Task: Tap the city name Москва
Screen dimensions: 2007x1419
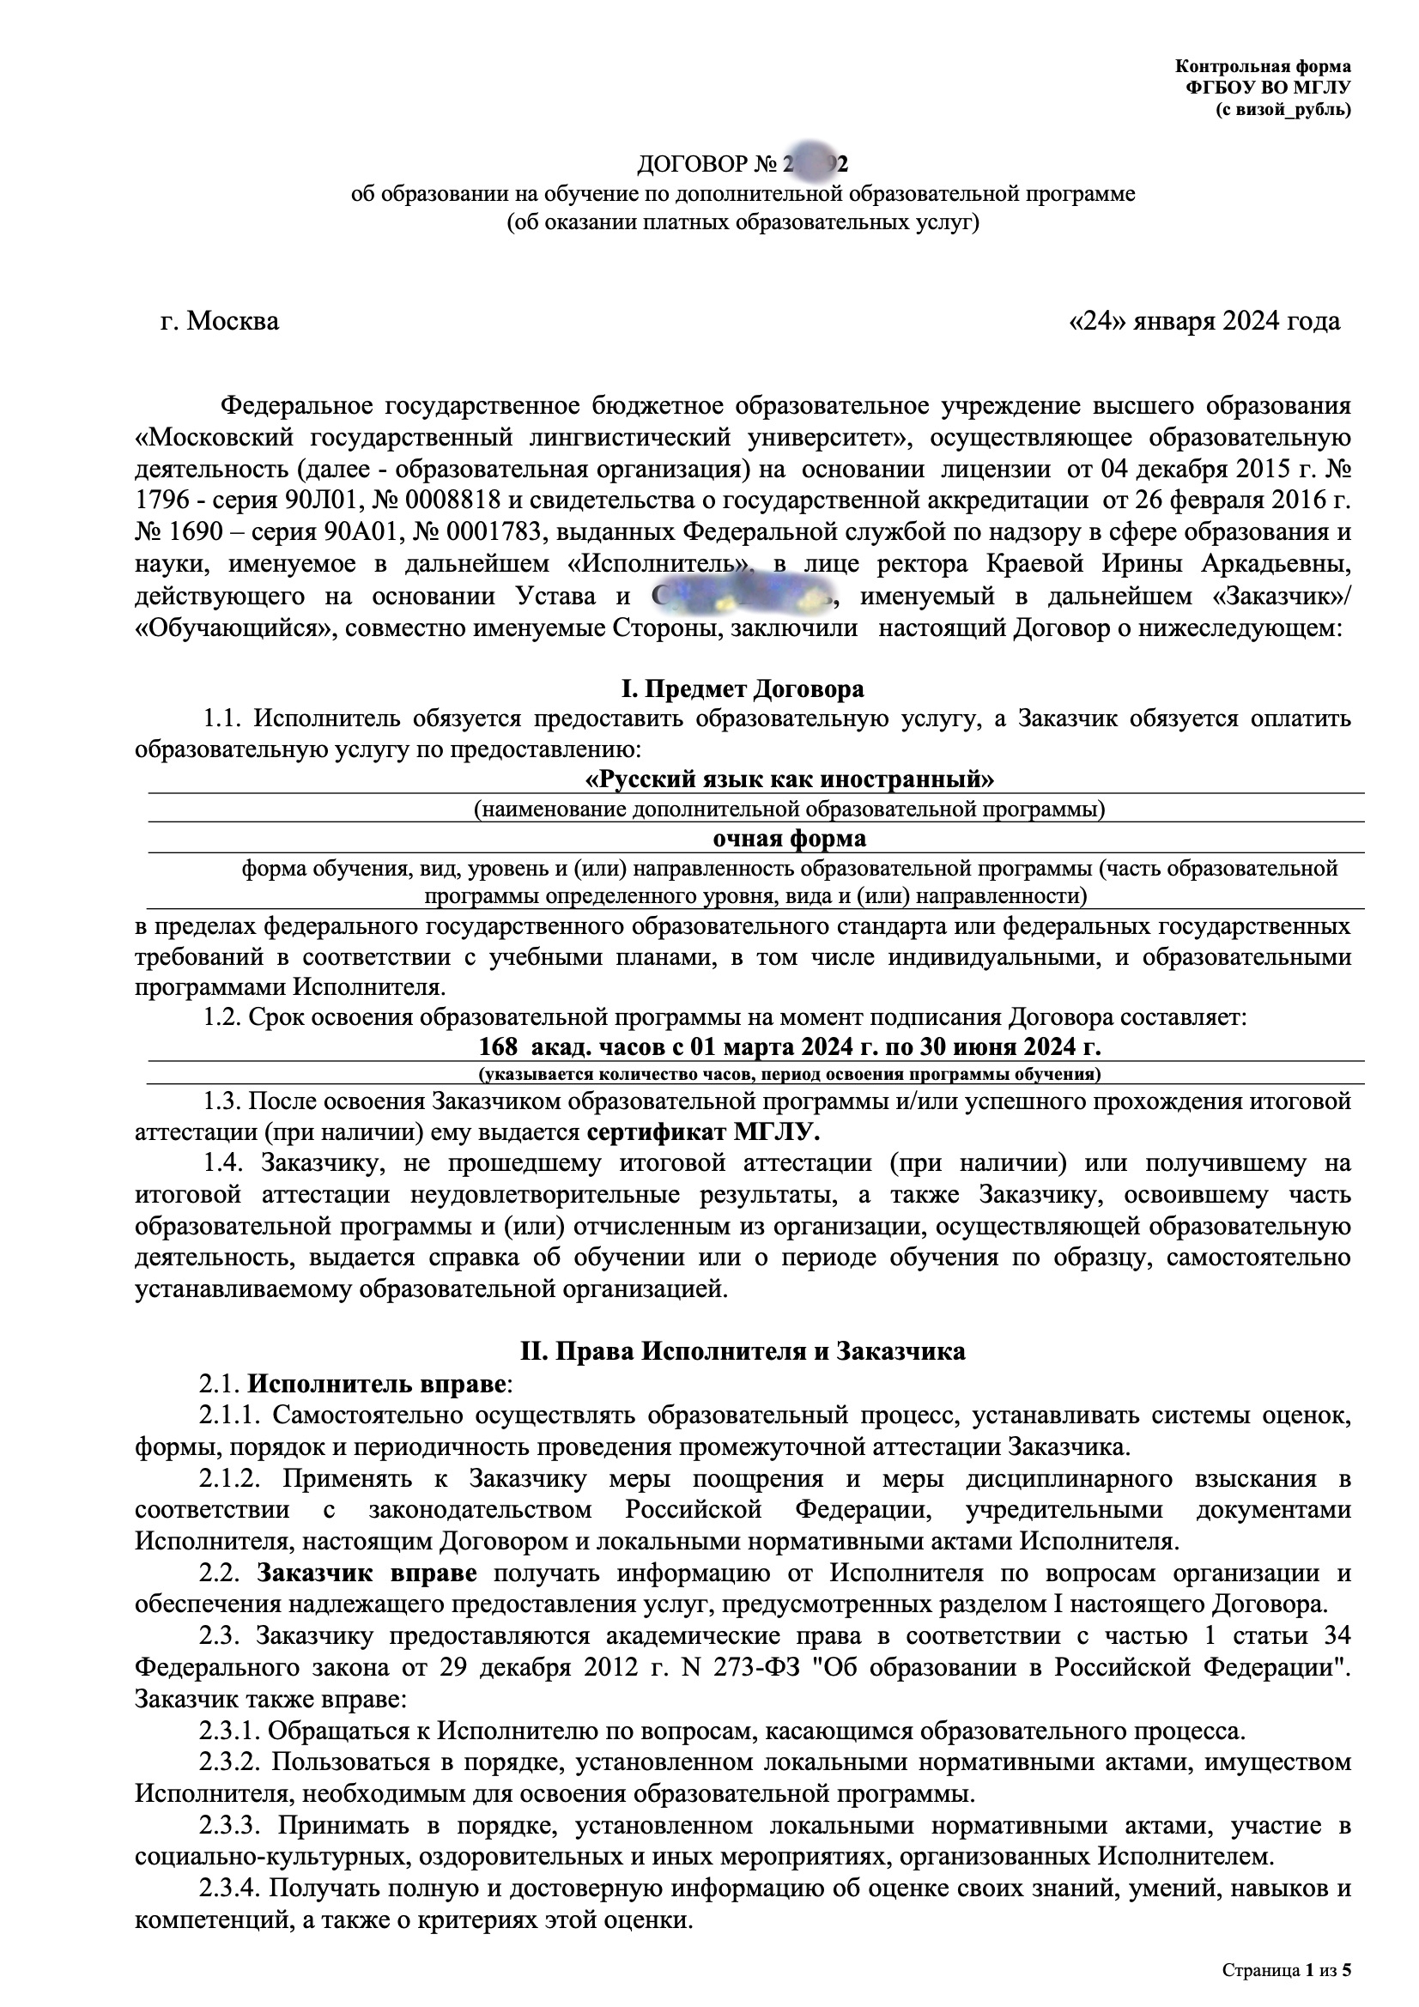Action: click(233, 322)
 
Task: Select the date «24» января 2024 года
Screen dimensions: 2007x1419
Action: click(1204, 322)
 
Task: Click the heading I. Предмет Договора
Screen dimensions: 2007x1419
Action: click(743, 688)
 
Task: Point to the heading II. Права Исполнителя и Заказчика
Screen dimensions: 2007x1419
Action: click(743, 1351)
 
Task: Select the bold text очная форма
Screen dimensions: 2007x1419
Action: click(790, 839)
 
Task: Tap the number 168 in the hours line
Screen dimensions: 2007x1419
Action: click(499, 1046)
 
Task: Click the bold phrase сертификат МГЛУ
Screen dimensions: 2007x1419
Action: click(704, 1133)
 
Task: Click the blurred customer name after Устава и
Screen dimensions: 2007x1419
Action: click(743, 596)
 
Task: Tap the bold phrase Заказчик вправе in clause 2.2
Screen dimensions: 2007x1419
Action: click(367, 1573)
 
